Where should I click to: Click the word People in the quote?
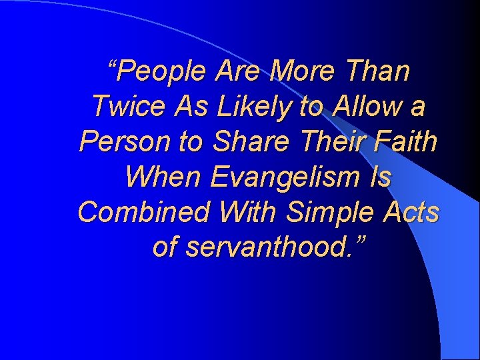[x=163, y=71]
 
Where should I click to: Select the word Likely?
[x=233, y=106]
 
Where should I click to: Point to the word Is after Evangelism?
[x=382, y=177]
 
